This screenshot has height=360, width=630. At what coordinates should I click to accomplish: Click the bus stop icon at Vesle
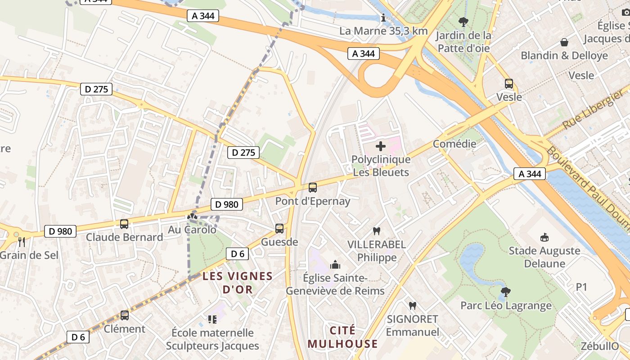[509, 84]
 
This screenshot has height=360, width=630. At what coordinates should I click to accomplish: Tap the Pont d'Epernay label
[312, 201]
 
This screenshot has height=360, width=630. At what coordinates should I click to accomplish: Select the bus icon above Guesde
[279, 229]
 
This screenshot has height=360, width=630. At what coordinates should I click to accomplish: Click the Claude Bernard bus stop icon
[124, 224]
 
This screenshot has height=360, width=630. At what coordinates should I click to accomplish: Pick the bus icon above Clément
[125, 315]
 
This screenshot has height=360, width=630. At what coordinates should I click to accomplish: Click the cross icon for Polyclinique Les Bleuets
[381, 146]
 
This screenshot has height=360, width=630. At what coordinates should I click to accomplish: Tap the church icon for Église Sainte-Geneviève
[335, 265]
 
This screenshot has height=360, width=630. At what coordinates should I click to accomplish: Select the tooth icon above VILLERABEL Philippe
[377, 231]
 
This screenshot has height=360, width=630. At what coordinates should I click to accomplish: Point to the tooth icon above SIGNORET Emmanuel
[412, 306]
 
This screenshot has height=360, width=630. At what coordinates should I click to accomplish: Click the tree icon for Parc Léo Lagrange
[506, 292]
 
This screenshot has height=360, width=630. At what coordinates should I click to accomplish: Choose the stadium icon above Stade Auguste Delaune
[544, 237]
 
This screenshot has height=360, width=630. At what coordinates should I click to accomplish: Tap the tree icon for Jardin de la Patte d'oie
[463, 22]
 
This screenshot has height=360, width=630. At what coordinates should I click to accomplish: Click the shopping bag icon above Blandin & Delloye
[564, 42]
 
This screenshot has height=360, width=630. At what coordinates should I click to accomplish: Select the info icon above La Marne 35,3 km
[383, 18]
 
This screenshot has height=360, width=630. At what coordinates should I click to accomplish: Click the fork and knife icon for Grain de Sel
[22, 242]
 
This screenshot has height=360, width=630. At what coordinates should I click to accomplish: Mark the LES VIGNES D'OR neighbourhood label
[238, 283]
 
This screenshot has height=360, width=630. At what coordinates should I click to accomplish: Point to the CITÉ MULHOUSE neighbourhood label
[342, 337]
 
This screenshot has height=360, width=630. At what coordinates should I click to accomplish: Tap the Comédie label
[454, 144]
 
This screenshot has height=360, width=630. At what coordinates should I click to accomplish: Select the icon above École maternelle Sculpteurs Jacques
[212, 319]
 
